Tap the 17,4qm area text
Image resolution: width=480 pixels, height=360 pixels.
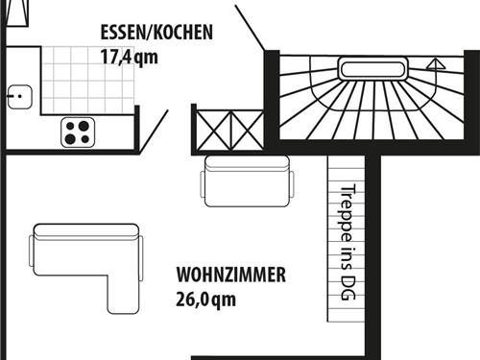pos(129,56)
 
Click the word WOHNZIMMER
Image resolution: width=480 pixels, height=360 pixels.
pos(230,276)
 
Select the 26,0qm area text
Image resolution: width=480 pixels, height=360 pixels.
pos(205,299)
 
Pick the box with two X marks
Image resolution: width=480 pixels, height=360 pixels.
pos(228,128)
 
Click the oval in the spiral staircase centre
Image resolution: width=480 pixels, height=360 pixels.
pos(374,68)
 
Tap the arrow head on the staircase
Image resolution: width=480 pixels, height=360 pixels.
pos(436,65)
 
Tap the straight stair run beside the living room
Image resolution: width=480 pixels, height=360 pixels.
pos(347,240)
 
